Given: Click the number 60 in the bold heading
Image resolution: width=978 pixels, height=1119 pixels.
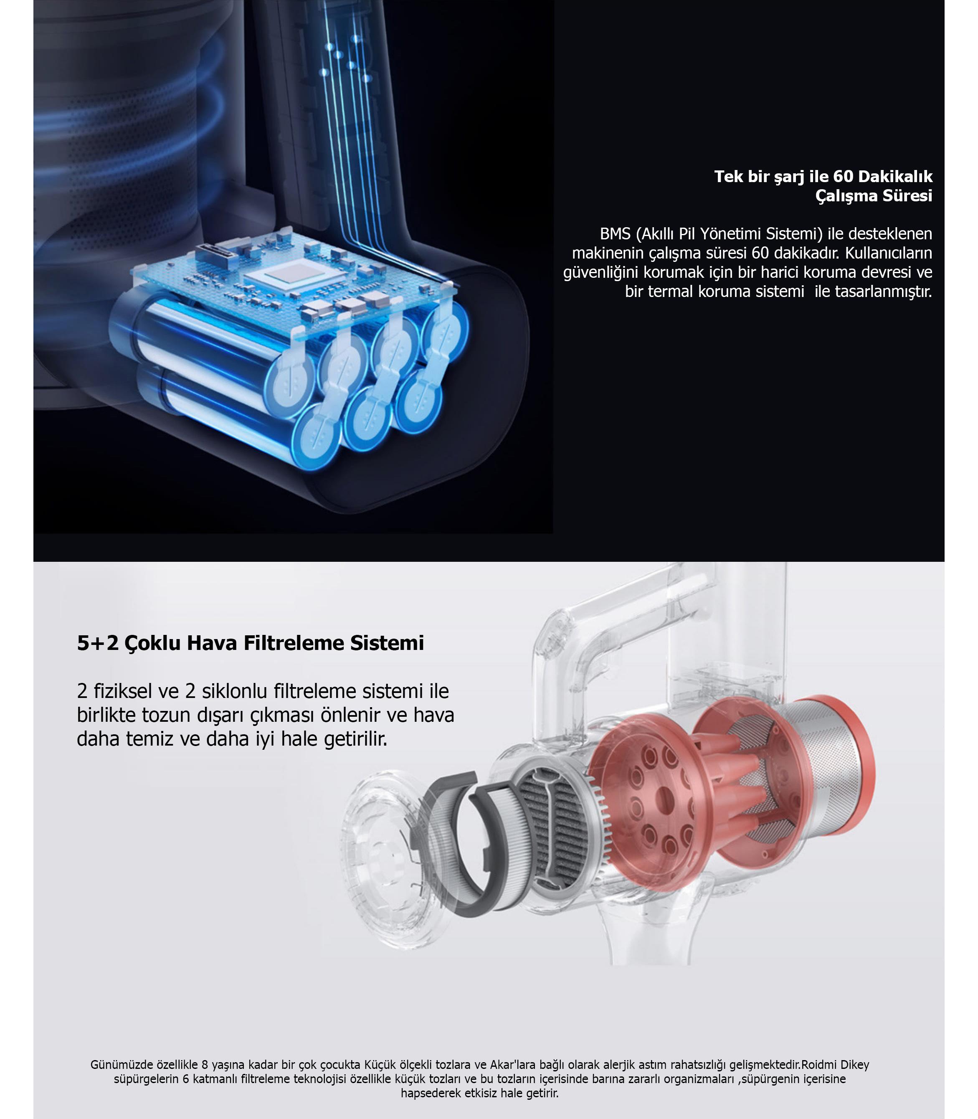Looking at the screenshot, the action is pos(843,176).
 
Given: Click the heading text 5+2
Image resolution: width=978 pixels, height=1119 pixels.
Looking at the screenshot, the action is pos(98,642).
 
